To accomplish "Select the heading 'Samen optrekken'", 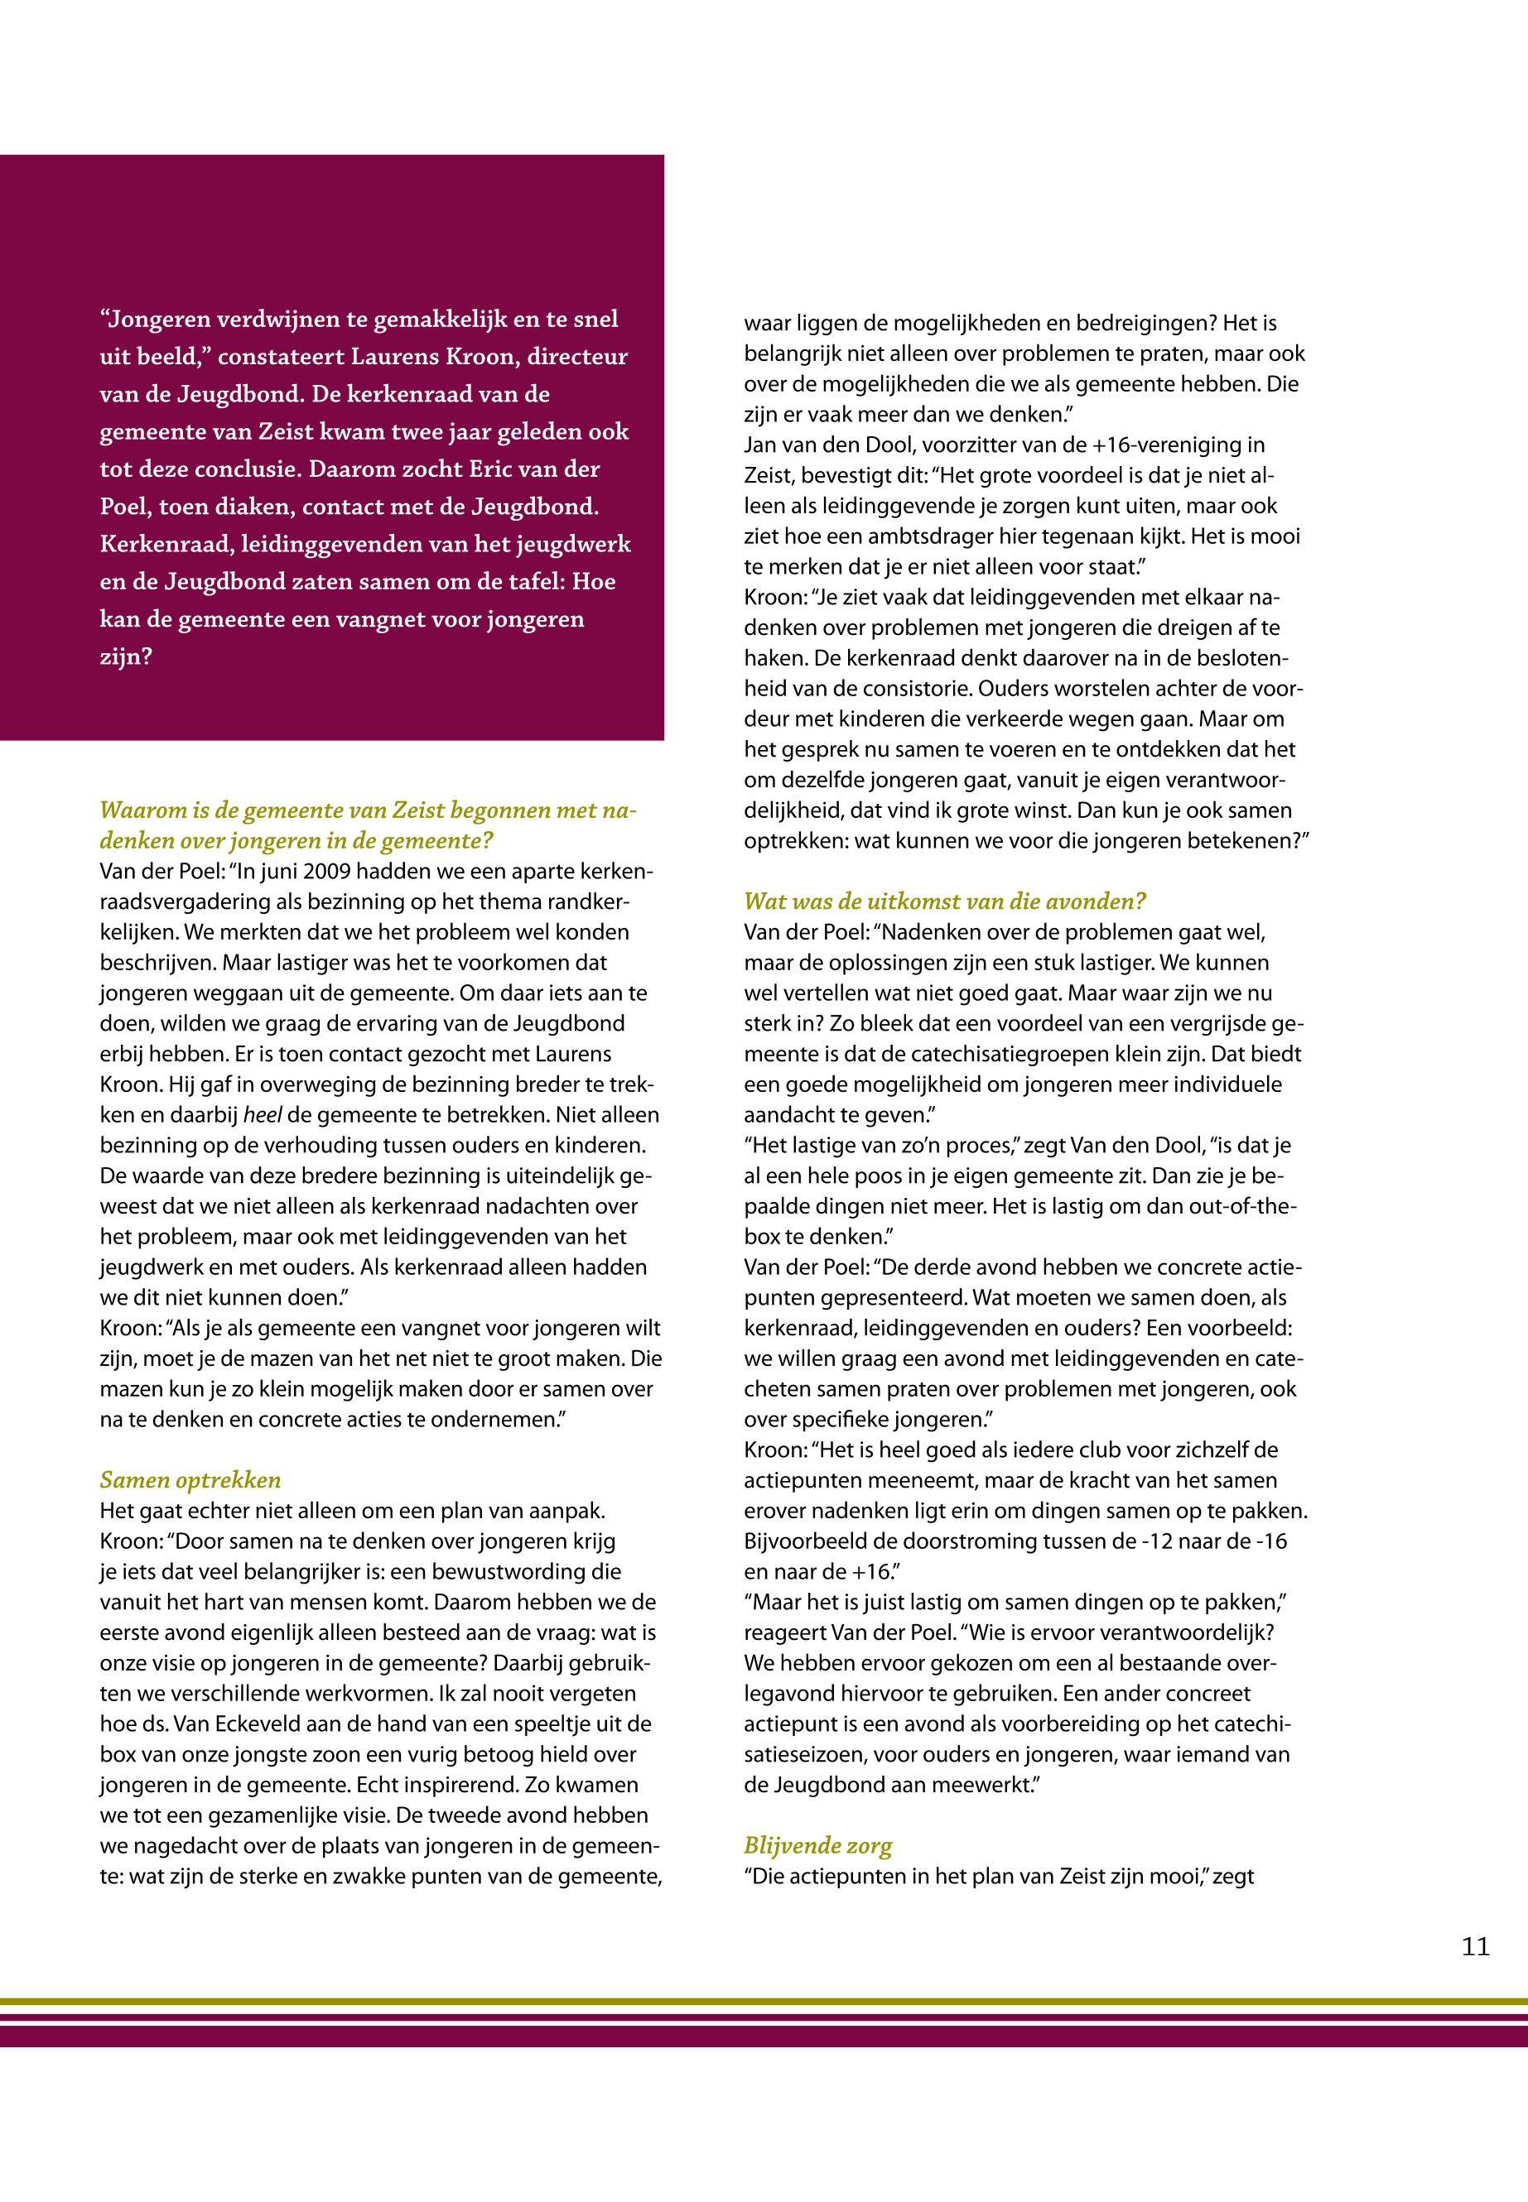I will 190,1480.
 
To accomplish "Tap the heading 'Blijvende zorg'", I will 817,1846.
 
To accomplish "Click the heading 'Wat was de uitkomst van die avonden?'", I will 944,901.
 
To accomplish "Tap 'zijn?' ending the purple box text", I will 125,657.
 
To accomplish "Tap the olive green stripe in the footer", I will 764,2000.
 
